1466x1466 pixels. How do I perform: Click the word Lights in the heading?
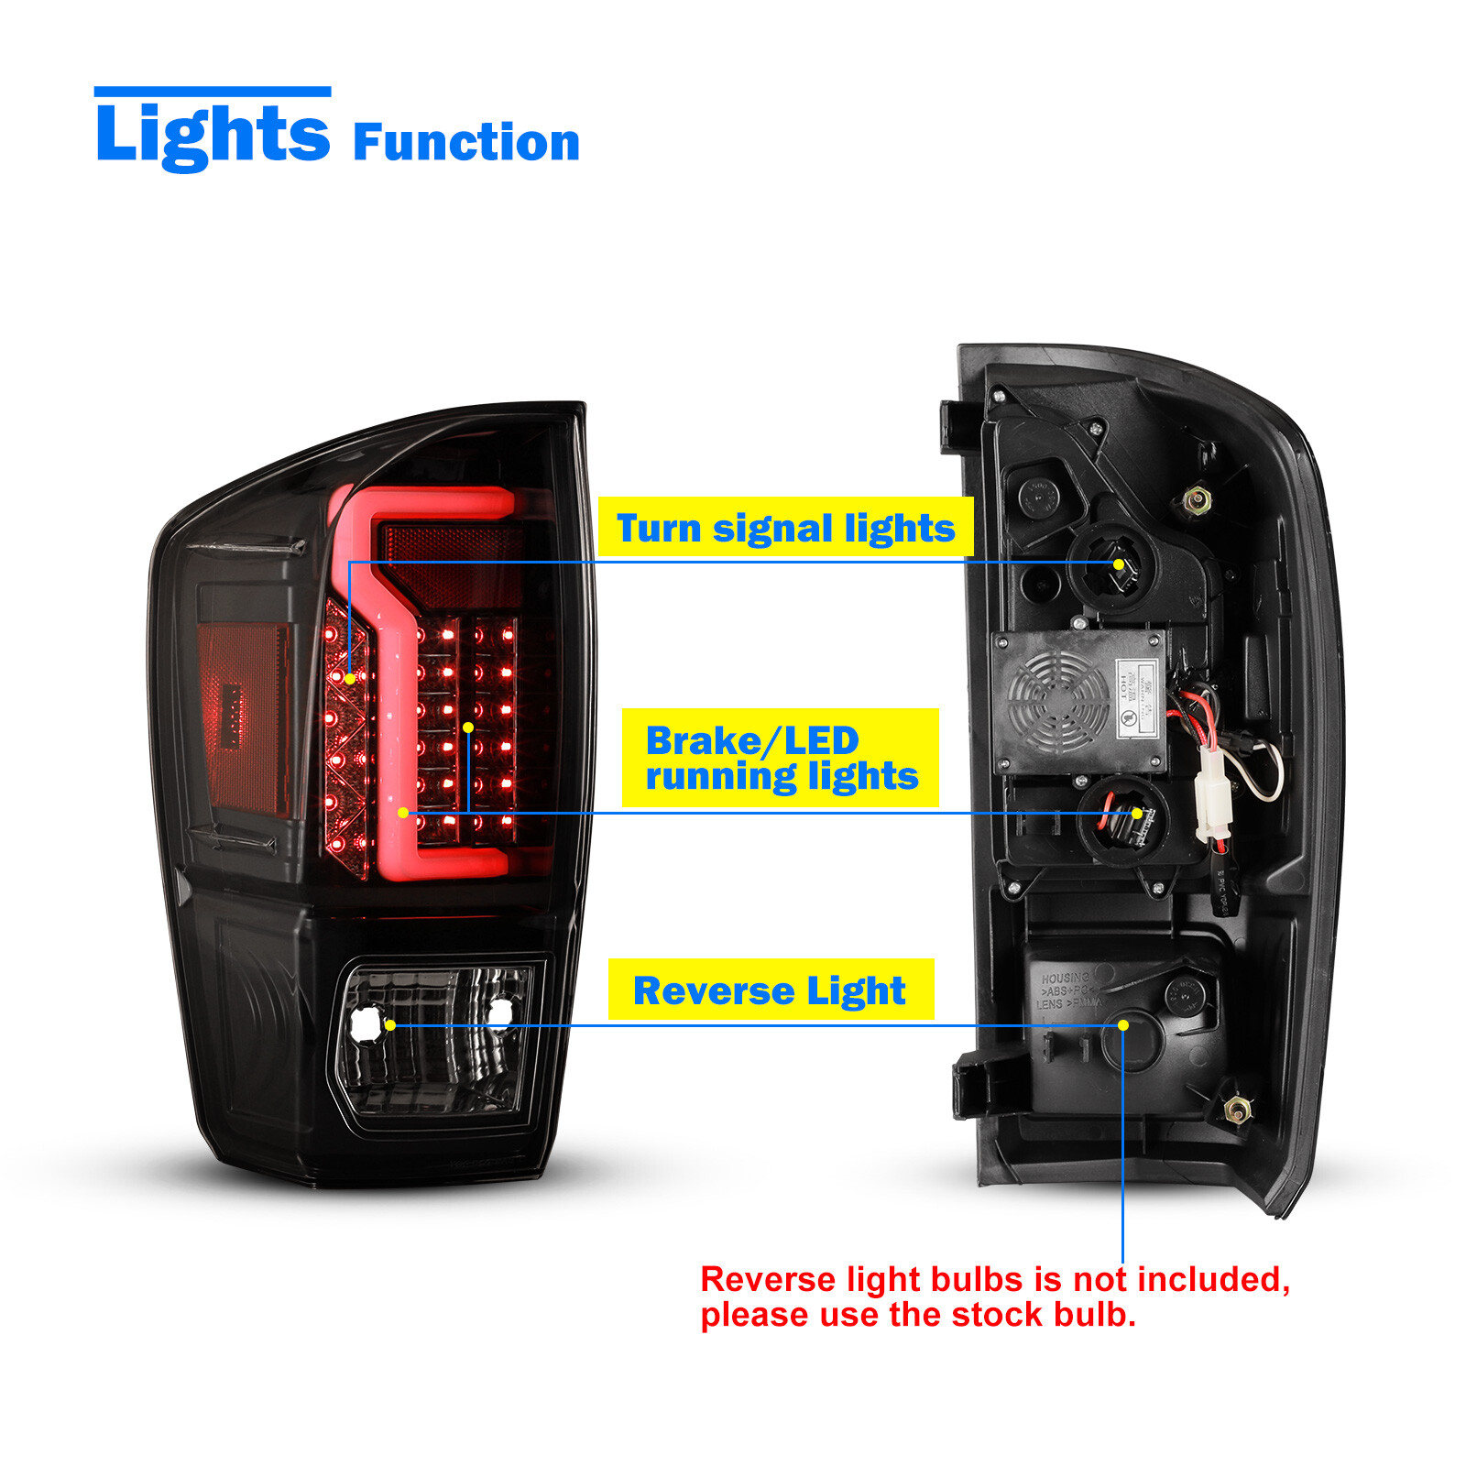[x=212, y=135]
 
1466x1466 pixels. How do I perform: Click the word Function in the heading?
[x=465, y=143]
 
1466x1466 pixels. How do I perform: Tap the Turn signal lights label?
[x=785, y=528]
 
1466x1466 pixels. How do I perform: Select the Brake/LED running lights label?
[x=781, y=758]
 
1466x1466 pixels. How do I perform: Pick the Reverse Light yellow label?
[x=770, y=990]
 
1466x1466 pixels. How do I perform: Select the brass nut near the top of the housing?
[x=1197, y=500]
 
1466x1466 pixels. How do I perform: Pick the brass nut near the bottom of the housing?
[x=1238, y=1111]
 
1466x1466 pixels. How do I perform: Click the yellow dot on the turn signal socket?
[x=1119, y=563]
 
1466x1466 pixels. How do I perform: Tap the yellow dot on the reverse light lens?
[x=390, y=1025]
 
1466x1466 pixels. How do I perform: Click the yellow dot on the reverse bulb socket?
[x=1123, y=1025]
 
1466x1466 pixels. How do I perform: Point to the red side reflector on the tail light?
[x=243, y=715]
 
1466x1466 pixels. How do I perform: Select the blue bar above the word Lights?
[x=212, y=92]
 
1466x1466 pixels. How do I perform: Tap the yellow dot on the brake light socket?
[x=1137, y=813]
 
